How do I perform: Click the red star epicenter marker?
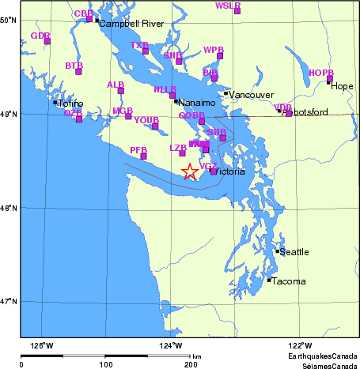click(189, 171)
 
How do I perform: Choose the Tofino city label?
click(71, 104)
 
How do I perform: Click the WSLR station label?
click(228, 6)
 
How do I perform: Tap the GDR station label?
click(40, 36)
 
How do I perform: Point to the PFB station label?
click(138, 149)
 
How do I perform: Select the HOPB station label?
click(321, 73)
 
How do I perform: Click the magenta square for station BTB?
click(78, 72)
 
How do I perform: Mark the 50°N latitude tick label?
click(9, 20)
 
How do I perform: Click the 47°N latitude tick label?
click(9, 301)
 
